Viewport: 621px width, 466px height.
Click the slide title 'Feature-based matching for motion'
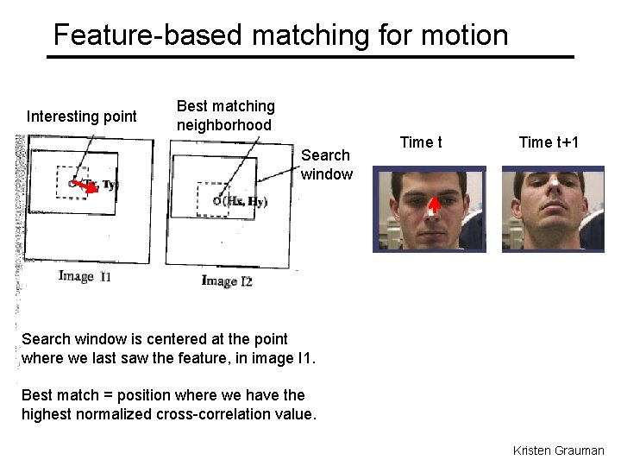(x=280, y=35)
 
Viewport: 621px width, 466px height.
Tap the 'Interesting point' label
(x=82, y=116)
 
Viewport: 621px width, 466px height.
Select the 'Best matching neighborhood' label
(x=225, y=116)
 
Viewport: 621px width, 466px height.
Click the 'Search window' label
(x=326, y=164)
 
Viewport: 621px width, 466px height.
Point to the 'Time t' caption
(x=421, y=142)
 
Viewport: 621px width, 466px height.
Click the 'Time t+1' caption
(x=549, y=142)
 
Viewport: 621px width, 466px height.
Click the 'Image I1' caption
(x=85, y=276)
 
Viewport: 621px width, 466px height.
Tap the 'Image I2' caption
(x=227, y=280)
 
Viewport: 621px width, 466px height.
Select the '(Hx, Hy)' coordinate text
(x=245, y=202)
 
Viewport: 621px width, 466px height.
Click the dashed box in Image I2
(x=212, y=199)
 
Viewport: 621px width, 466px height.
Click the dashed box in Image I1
(x=71, y=182)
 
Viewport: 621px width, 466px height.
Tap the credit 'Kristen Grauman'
(x=558, y=450)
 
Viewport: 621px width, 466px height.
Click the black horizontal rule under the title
(x=310, y=57)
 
